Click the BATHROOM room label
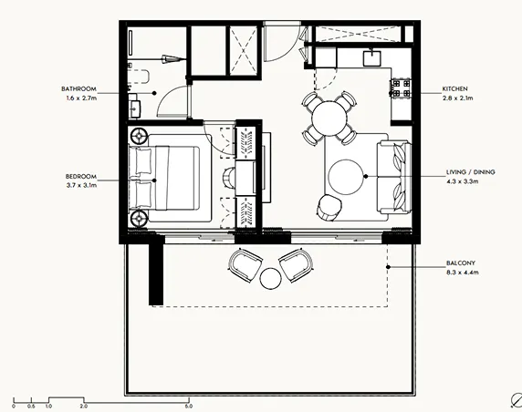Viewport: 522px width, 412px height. pos(78,88)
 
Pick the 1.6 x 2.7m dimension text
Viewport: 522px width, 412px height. pos(78,97)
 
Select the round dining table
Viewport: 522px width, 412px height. pos(328,117)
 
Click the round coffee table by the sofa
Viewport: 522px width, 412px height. pos(347,177)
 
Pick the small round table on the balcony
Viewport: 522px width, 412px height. pos(271,277)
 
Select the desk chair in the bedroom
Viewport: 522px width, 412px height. pos(226,175)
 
